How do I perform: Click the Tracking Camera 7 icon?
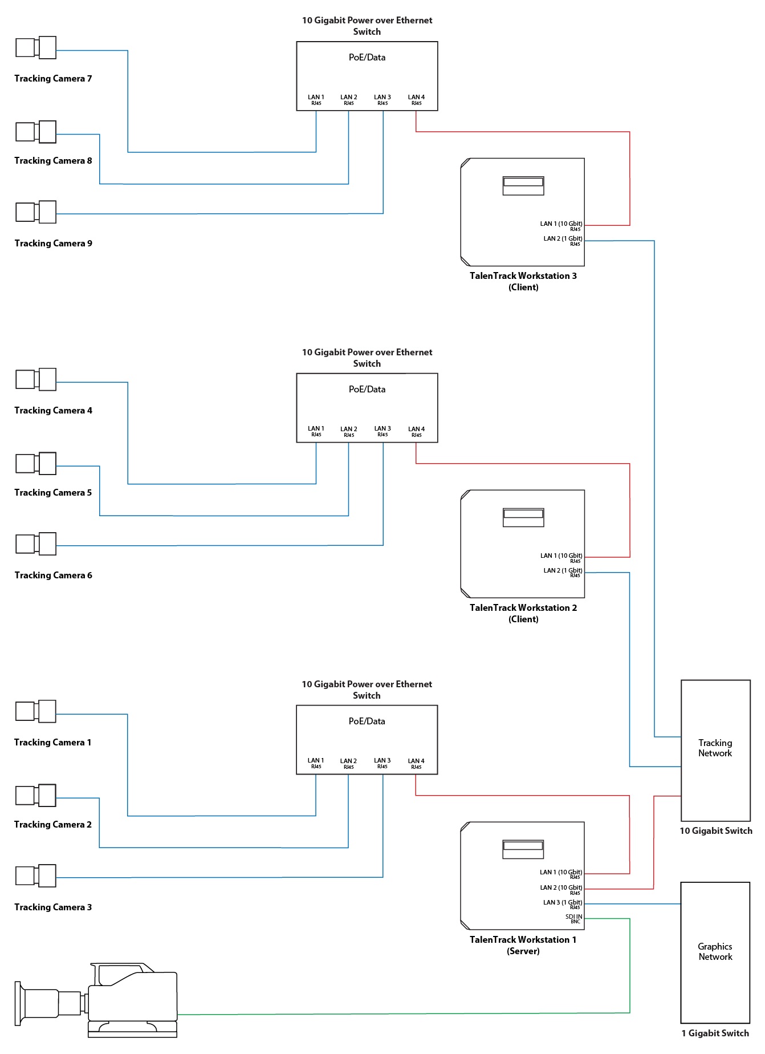point(36,48)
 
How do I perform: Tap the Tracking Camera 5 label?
point(53,493)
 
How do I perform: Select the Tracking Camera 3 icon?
point(36,876)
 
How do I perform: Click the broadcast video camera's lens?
point(40,1003)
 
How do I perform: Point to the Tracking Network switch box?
point(715,750)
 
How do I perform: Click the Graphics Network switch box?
point(715,952)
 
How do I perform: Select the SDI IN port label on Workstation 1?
point(573,919)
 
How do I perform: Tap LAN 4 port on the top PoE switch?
point(416,100)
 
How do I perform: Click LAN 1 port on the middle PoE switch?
point(316,431)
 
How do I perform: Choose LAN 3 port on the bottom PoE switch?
point(382,763)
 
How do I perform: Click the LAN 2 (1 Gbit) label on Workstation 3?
point(563,241)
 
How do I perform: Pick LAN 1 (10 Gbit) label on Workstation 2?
point(561,557)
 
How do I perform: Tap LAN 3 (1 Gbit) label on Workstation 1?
point(563,904)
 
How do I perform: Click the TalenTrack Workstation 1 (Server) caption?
point(523,945)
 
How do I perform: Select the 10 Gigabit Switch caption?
point(716,831)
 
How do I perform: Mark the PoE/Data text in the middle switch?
point(367,390)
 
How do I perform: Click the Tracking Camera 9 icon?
point(36,212)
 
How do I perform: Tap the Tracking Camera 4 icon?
point(36,379)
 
